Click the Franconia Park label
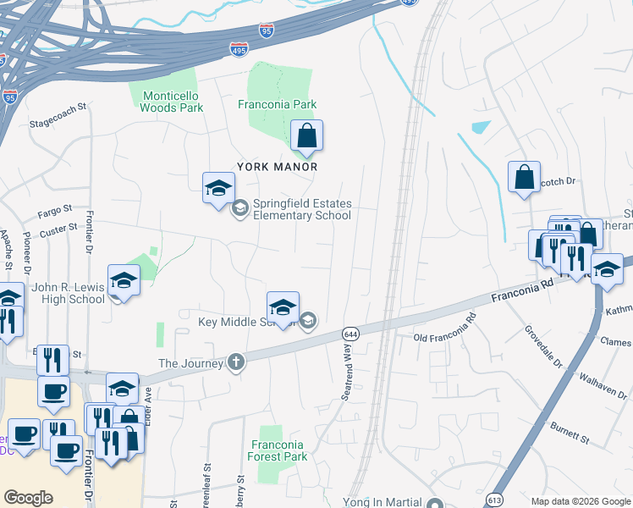277,104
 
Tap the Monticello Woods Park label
172,102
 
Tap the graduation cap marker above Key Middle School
283,306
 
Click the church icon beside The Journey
236,363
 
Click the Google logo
29,498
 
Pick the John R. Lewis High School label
68,293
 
